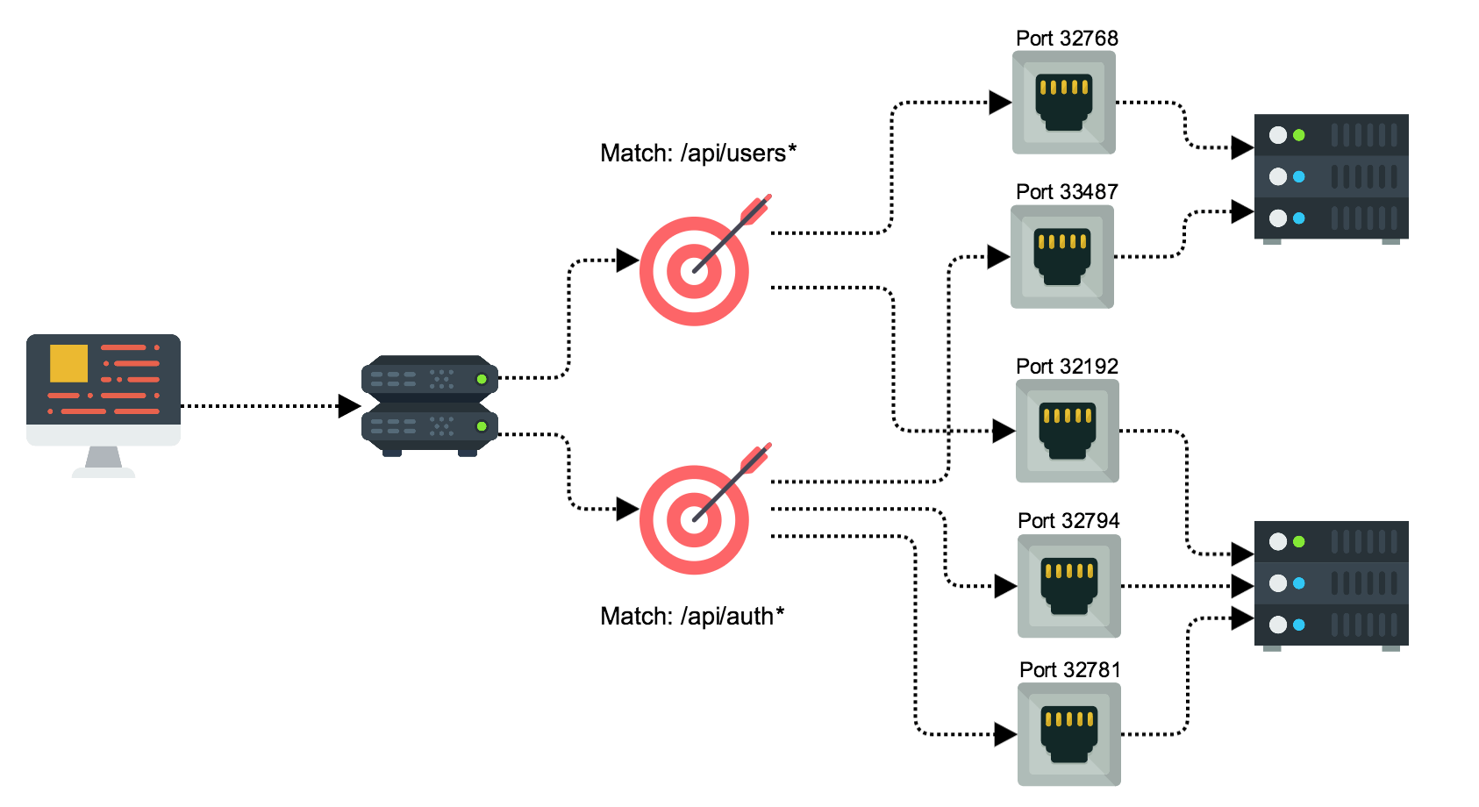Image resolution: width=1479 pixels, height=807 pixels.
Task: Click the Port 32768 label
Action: [x=1067, y=39]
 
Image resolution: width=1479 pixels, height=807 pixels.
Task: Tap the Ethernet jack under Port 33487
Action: [x=1062, y=257]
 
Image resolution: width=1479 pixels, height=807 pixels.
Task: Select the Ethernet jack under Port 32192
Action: [x=1068, y=431]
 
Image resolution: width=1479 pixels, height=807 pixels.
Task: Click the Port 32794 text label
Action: [x=1068, y=521]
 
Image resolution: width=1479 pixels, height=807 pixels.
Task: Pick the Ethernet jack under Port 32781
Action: [x=1069, y=734]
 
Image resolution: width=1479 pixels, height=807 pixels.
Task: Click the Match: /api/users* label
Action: [x=698, y=154]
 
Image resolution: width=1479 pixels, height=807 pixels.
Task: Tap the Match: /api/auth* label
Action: [x=692, y=617]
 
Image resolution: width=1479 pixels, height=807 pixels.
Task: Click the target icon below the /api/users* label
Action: [x=696, y=270]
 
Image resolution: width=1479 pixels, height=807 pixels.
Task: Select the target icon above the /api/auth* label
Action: [x=696, y=518]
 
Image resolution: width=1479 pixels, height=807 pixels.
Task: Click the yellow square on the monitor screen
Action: [x=68, y=363]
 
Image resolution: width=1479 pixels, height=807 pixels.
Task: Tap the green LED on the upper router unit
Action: [x=481, y=379]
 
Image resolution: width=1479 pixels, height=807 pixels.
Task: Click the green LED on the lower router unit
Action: [x=481, y=426]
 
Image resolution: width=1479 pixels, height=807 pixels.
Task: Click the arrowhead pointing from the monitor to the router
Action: [x=349, y=406]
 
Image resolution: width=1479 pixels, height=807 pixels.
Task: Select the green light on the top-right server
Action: [x=1299, y=135]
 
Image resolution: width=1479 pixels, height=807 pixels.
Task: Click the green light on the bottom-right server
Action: [x=1299, y=542]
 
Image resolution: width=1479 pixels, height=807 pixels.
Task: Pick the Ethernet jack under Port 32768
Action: [x=1064, y=103]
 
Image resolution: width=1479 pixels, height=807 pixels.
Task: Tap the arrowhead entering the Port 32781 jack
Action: [x=1004, y=735]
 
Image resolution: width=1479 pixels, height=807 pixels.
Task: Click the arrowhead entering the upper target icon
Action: [x=626, y=260]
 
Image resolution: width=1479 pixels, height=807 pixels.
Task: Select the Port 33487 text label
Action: [x=1067, y=192]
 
